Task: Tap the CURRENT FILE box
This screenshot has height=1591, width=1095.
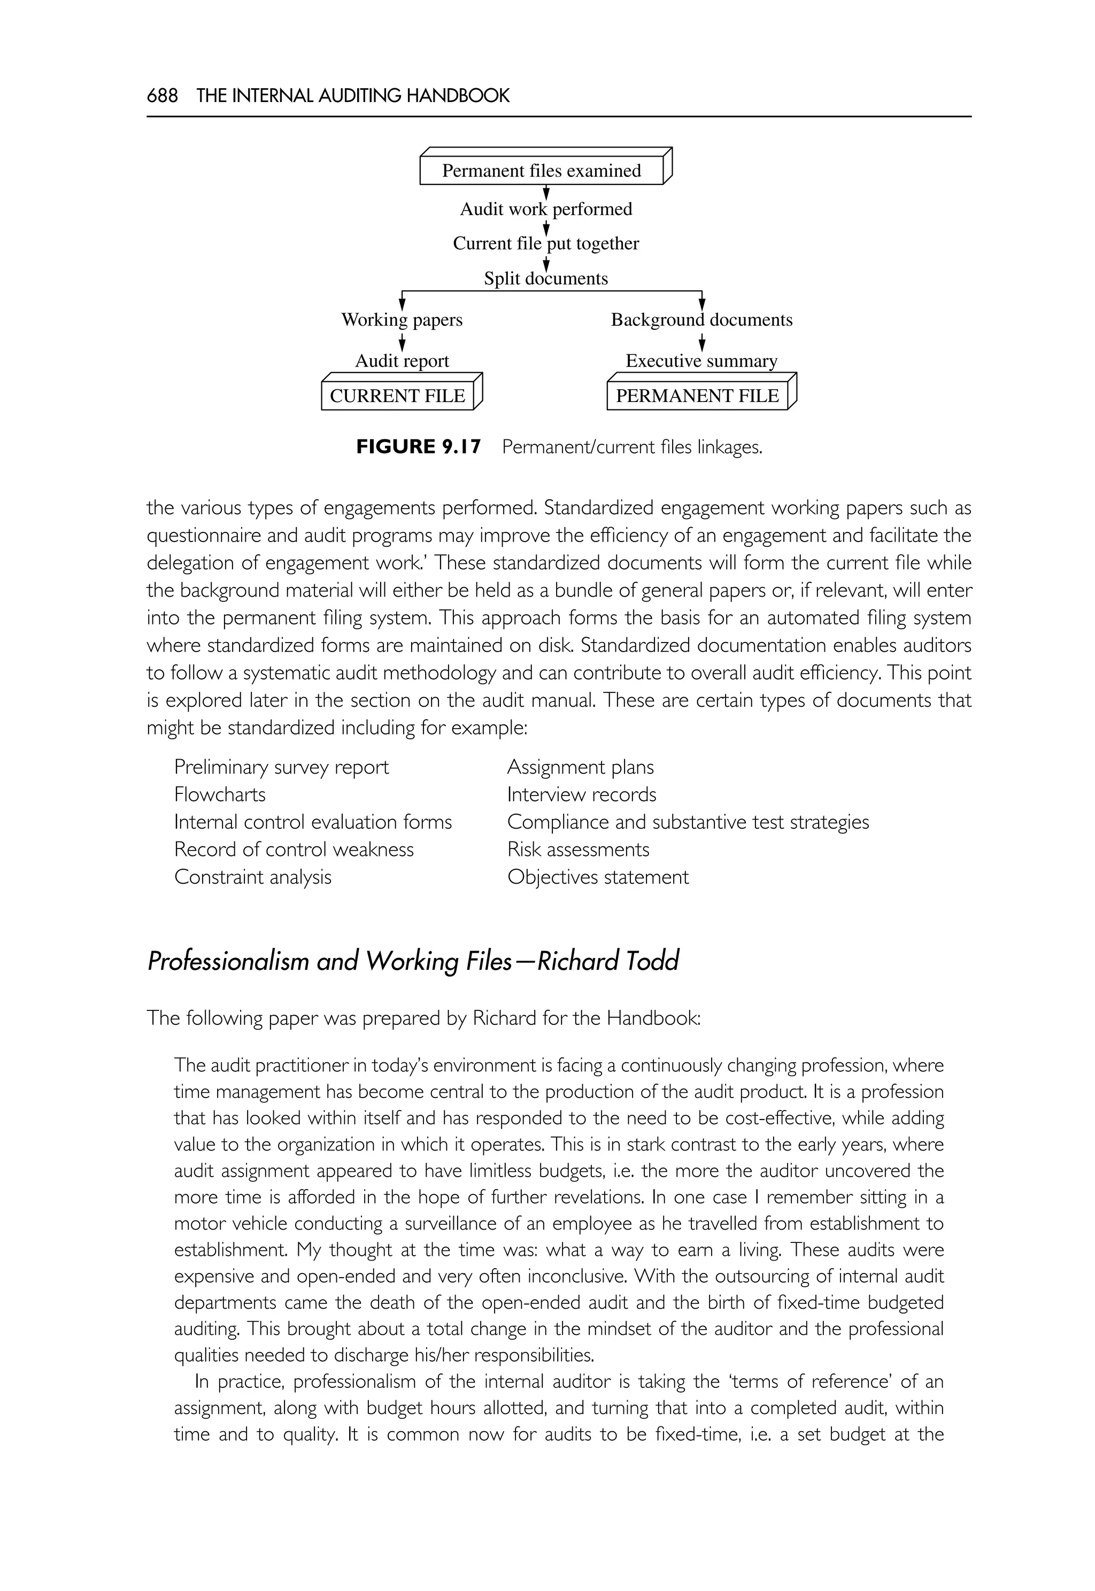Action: pos(397,396)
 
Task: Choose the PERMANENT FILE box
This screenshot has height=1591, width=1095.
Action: pos(697,396)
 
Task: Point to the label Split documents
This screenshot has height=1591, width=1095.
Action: pos(545,279)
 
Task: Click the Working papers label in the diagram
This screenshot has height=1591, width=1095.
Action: pos(402,320)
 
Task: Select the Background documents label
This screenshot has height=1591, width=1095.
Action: pos(701,320)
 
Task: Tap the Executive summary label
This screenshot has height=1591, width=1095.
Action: pos(701,361)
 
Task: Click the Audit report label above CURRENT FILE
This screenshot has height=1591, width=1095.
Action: pos(402,361)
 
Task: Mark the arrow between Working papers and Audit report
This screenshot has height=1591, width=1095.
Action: pos(402,342)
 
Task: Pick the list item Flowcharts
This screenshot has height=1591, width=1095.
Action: pos(220,794)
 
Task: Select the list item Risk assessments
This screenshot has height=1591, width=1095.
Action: pos(577,849)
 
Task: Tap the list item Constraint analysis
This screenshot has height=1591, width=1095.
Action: pos(252,877)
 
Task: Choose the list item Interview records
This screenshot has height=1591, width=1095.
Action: pos(581,794)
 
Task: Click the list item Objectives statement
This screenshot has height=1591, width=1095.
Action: pos(598,877)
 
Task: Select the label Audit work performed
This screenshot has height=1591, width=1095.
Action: pos(545,209)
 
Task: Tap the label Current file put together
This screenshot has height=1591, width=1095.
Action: pos(545,244)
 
